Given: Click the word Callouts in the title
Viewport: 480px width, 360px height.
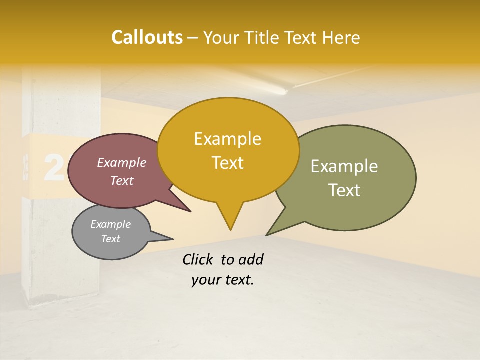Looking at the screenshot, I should pyautogui.click(x=147, y=37).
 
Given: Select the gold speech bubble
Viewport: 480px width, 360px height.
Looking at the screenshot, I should pyautogui.click(x=228, y=150).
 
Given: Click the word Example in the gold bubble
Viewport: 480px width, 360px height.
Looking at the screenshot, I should pyautogui.click(x=227, y=139).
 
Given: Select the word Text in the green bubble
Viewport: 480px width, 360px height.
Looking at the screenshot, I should pyautogui.click(x=344, y=190).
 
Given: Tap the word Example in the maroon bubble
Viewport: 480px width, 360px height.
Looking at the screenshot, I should pyautogui.click(x=122, y=162).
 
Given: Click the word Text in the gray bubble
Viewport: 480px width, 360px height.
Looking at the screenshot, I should pyautogui.click(x=111, y=239).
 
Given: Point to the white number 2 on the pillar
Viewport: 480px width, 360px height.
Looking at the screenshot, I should pyautogui.click(x=53, y=167).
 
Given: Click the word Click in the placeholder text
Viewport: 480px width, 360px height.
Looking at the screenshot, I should pyautogui.click(x=198, y=259).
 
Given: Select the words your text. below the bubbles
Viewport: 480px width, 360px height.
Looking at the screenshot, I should pyautogui.click(x=223, y=280).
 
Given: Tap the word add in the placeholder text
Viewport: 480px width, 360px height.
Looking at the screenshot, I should pyautogui.click(x=251, y=259).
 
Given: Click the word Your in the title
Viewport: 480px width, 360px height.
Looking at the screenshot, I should pyautogui.click(x=220, y=37).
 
